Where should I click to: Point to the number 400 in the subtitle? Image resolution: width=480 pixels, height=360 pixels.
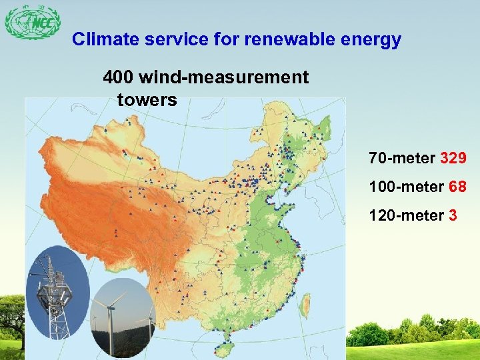click(118, 78)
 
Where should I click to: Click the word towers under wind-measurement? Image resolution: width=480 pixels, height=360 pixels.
click(147, 101)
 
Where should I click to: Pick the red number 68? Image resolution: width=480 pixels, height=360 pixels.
click(457, 187)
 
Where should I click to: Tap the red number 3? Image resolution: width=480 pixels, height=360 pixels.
click(453, 216)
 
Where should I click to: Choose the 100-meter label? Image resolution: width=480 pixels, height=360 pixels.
click(406, 187)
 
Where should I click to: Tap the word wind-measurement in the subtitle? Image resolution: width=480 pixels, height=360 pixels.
click(223, 78)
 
